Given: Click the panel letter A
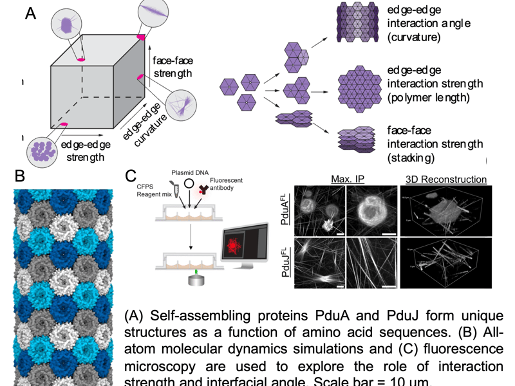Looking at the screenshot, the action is [30, 14].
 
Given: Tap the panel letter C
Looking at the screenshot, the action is [130, 175].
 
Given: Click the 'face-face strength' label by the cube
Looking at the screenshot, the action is [173, 67].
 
